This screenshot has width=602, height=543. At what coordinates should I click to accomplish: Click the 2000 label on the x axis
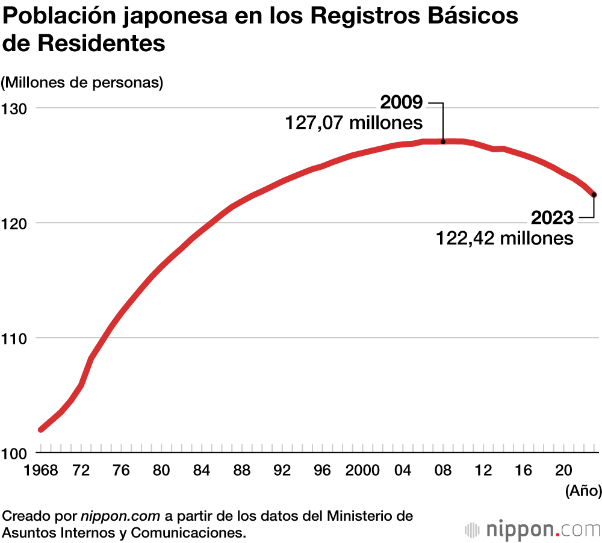[x=362, y=471]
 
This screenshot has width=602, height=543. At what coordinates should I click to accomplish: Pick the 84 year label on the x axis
[x=202, y=471]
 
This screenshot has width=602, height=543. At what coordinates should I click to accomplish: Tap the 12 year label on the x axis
[x=483, y=471]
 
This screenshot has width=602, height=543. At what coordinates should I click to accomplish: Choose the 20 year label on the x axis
[x=563, y=471]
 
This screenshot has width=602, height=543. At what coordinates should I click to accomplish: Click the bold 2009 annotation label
[x=402, y=103]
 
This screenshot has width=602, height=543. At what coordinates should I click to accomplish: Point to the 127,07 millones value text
[x=354, y=123]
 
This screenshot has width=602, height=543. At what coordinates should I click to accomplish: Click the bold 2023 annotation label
[x=553, y=217]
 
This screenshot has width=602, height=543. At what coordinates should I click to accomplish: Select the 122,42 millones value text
[x=504, y=238]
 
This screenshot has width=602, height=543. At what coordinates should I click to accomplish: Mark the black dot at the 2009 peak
[x=443, y=142]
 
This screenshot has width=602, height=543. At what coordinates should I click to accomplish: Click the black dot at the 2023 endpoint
[x=594, y=194]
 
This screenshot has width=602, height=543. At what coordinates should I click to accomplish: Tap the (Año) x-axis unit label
[x=583, y=491]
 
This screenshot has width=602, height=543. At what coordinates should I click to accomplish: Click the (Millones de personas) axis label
[x=82, y=82]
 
